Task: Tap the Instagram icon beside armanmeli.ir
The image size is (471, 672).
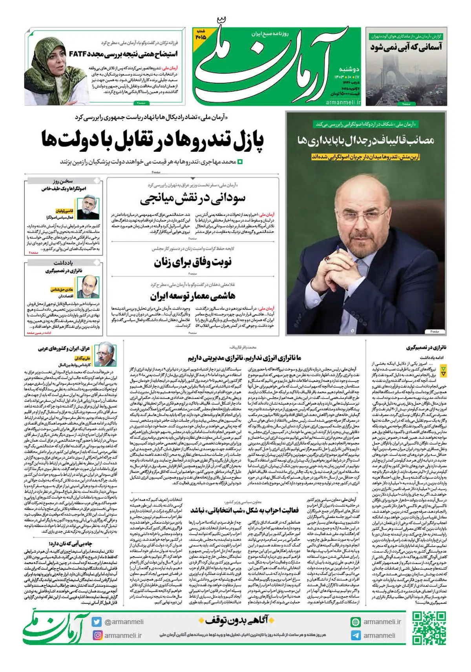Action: point(97,635)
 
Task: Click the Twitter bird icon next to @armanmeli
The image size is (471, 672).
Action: point(97,622)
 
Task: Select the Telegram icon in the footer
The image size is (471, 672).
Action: point(356,635)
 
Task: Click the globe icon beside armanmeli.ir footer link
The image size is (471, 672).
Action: point(356,622)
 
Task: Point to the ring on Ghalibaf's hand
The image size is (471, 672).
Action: point(327,259)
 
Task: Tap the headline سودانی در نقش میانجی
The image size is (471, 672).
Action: point(192,199)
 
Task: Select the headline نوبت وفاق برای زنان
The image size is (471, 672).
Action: point(192,262)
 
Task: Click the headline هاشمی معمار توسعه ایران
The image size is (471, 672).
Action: point(192,295)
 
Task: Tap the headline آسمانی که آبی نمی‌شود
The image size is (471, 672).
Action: point(406,47)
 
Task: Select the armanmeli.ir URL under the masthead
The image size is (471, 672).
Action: point(343,102)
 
